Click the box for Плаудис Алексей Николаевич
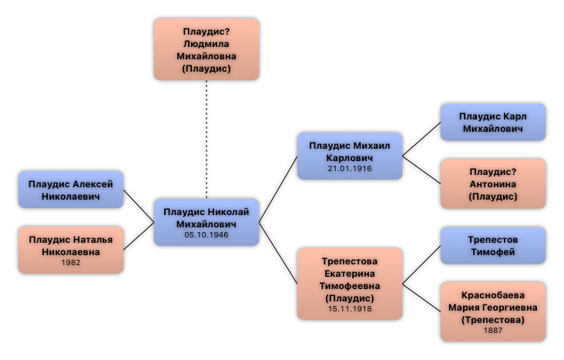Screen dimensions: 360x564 click(x=71, y=190)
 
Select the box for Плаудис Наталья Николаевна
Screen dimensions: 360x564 click(x=71, y=250)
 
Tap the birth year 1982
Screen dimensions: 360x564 click(x=71, y=263)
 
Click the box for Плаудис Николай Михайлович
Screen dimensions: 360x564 click(x=206, y=222)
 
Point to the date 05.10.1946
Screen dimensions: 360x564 click(x=206, y=235)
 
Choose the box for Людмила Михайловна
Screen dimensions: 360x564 click(x=206, y=49)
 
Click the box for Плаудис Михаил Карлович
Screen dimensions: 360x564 click(x=350, y=156)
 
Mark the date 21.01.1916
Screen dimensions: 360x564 click(x=350, y=169)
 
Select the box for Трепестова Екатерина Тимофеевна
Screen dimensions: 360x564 click(x=350, y=284)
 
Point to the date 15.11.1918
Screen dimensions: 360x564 click(x=350, y=309)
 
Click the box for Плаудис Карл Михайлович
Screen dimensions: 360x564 click(x=493, y=123)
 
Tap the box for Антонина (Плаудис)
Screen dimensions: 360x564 click(x=493, y=184)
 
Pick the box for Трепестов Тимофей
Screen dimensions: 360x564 click(x=493, y=245)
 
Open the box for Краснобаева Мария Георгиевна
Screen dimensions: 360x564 click(x=493, y=311)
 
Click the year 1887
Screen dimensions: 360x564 click(x=493, y=331)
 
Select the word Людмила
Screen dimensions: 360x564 click(x=206, y=44)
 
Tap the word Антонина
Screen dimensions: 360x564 click(x=493, y=184)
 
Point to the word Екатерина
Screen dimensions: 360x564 click(x=350, y=273)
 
